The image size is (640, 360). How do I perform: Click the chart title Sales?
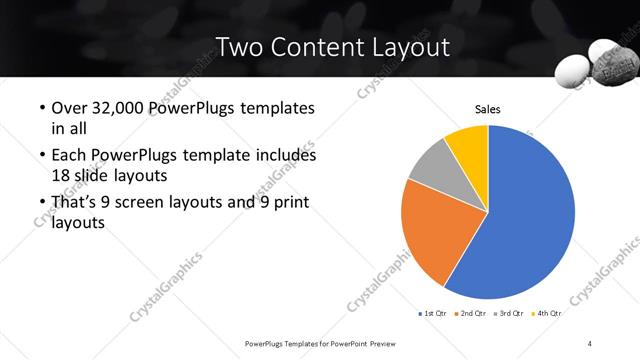point(487,109)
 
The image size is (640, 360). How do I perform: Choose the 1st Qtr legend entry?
point(433,314)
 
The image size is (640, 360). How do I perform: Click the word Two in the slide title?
point(241,47)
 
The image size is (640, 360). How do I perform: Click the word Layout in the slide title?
point(407,47)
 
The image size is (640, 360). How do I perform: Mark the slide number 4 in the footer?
point(590,343)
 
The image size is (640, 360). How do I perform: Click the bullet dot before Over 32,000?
point(40,108)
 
